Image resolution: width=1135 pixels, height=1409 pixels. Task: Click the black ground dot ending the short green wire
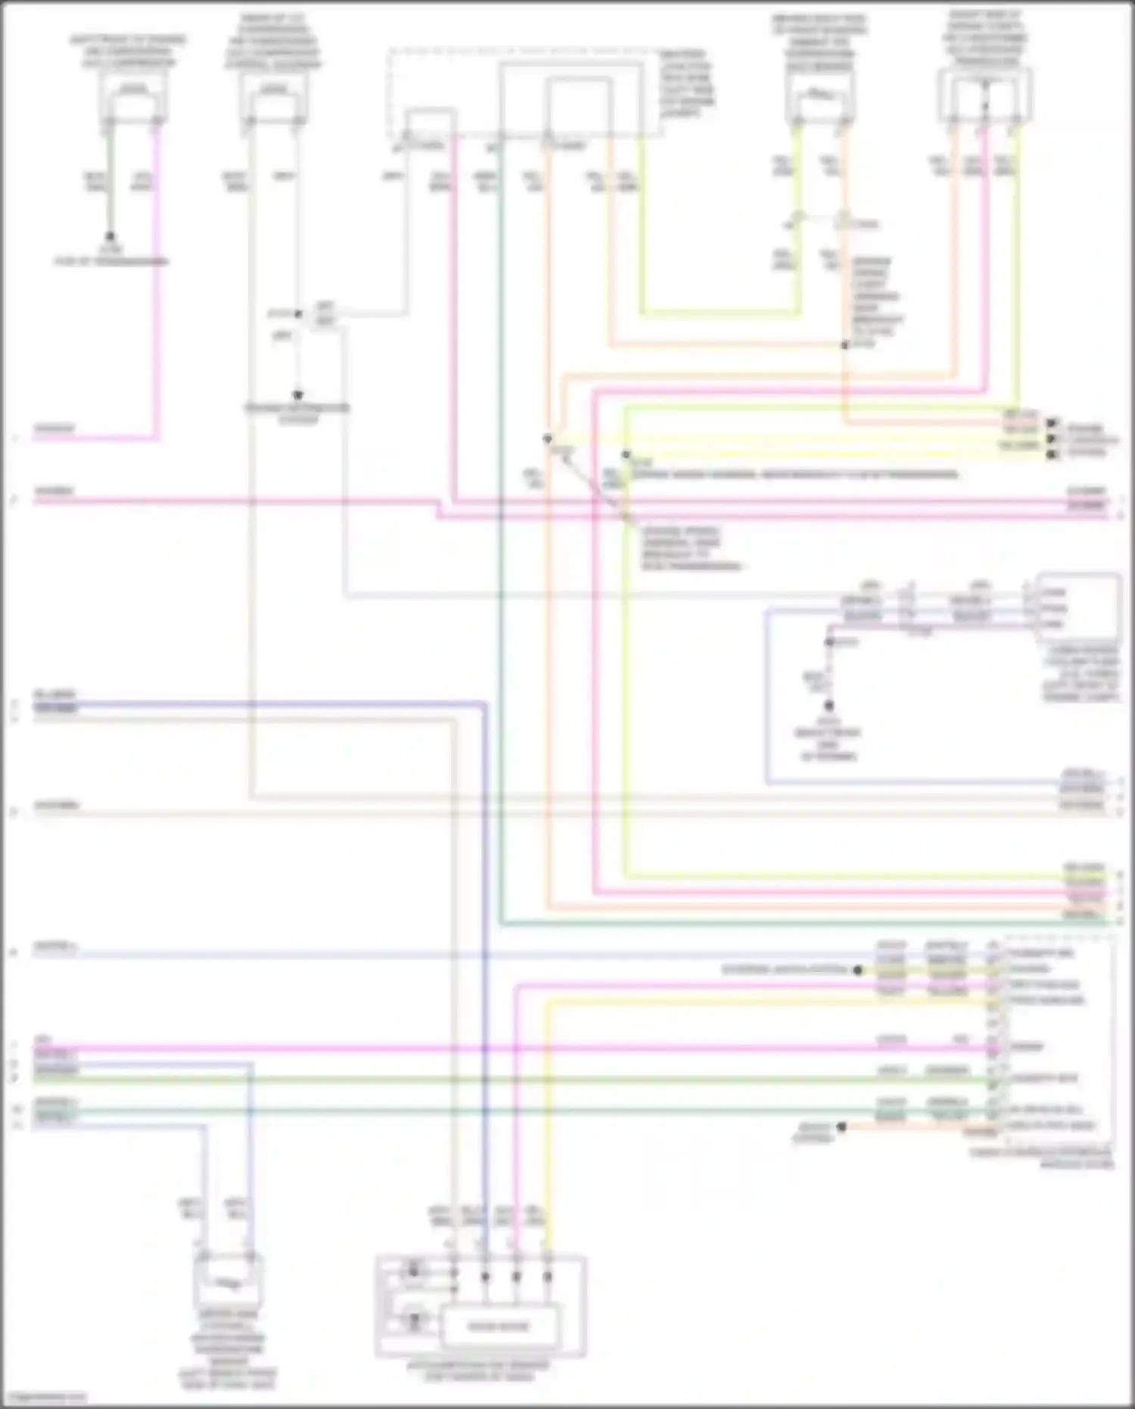pos(110,236)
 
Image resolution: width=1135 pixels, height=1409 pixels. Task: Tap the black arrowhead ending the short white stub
pos(297,395)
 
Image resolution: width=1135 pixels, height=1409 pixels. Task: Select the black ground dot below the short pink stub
pos(829,706)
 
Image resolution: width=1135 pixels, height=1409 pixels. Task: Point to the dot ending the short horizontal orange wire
pos(841,1127)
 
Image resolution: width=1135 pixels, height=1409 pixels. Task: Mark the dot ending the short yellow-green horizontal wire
pos(858,970)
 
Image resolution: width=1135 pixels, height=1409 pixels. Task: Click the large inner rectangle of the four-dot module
pos(499,1326)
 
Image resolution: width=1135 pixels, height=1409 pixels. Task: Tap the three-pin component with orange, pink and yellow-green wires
pos(984,95)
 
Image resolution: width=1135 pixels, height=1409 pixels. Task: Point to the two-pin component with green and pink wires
pos(133,98)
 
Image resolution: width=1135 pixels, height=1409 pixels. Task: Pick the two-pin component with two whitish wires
pos(274,98)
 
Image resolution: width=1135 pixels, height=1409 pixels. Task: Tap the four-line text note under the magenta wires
pos(690,549)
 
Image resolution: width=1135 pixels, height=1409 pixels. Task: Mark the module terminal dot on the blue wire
pos(485,1277)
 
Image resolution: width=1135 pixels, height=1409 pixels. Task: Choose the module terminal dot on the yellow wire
pos(548,1277)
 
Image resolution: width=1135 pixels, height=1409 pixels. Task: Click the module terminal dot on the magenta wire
pos(517,1277)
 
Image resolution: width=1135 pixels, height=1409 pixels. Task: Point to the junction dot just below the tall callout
pos(844,345)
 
